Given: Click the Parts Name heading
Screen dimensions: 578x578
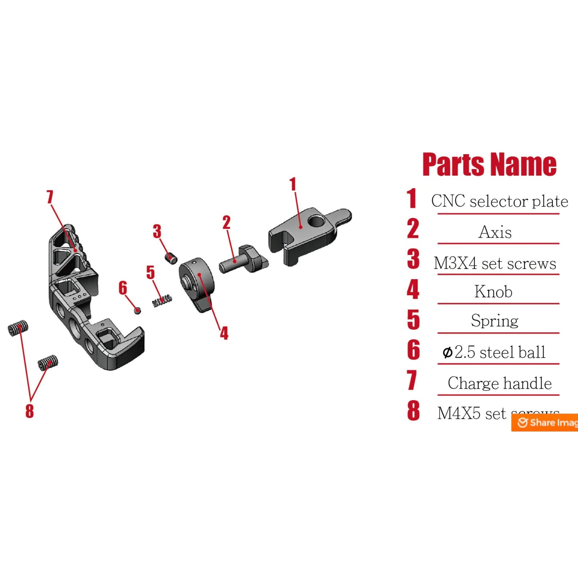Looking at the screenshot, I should pos(489,164).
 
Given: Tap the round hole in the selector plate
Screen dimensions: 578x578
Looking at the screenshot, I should pos(316,221).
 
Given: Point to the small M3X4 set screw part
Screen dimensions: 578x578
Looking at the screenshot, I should pos(171,258).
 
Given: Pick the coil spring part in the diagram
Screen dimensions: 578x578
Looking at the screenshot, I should pos(162,301).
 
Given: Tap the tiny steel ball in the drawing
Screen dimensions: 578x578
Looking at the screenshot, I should pos(137,310).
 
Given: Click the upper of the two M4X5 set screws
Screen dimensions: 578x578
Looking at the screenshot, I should pos(18,328).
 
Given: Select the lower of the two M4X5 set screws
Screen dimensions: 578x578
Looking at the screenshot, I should pos(48,362).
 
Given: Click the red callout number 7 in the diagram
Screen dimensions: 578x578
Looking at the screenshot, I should pos(50,197).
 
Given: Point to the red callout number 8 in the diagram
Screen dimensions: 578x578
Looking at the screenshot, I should pos(30,411).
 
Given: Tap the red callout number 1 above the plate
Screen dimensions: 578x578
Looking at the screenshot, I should pos(293,184).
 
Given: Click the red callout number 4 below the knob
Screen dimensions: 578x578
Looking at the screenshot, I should pos(224,333).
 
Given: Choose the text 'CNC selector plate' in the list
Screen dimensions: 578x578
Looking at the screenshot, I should pos(499,201).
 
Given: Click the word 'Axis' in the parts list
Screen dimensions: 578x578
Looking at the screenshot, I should pos(495,232).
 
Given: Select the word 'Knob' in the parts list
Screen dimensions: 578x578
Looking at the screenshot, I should pos(493,292).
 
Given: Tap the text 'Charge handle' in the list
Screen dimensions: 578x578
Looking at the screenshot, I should pos(499,383).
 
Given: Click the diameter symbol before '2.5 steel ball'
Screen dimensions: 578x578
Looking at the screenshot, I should pos(447,353).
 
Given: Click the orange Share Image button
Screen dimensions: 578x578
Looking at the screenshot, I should pos(545,422).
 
